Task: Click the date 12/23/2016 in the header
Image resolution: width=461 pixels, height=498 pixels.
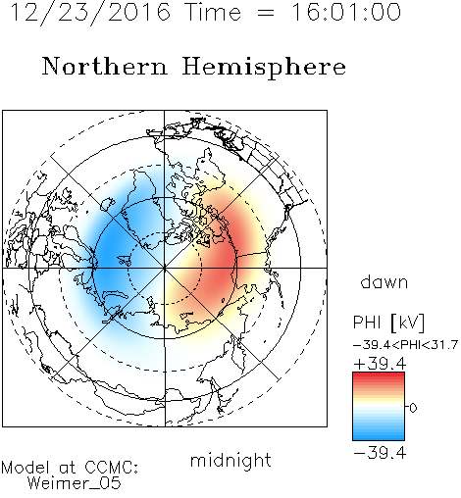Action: [90, 13]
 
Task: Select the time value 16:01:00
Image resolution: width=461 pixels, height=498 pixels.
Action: [346, 12]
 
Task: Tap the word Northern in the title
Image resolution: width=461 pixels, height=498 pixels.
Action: [105, 66]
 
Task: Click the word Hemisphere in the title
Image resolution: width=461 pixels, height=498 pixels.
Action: [264, 68]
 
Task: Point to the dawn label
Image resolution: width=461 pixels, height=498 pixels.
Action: [384, 281]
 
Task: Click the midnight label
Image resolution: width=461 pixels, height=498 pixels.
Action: [230, 460]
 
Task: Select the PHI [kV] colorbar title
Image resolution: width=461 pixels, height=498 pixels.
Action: [388, 323]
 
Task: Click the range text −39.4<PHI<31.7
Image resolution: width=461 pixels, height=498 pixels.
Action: [406, 345]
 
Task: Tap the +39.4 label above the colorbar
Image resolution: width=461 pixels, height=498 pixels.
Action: [380, 364]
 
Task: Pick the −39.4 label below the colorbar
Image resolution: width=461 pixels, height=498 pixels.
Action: [380, 453]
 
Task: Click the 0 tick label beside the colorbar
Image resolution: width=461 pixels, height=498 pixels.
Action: [413, 408]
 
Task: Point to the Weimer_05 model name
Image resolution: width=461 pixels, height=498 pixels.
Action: [75, 483]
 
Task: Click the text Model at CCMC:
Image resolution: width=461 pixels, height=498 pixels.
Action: [70, 468]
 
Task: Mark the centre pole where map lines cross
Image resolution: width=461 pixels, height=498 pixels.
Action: [165, 268]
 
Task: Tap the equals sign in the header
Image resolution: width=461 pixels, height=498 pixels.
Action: [266, 13]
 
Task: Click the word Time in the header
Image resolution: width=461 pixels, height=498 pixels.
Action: [213, 12]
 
